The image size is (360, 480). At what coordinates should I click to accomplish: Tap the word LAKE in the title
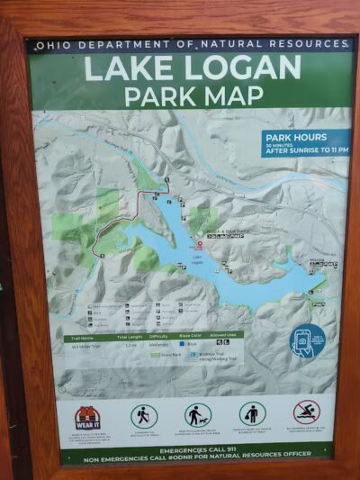tap(131, 68)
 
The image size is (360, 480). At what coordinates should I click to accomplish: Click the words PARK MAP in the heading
tap(193, 95)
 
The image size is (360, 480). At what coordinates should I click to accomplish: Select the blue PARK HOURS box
tap(306, 142)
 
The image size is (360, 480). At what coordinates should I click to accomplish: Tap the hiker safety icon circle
tap(143, 415)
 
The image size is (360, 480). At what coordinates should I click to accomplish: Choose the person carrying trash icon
tap(252, 413)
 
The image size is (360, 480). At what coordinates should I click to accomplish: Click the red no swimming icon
tap(306, 412)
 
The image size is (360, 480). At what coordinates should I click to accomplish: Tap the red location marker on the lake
tap(200, 244)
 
